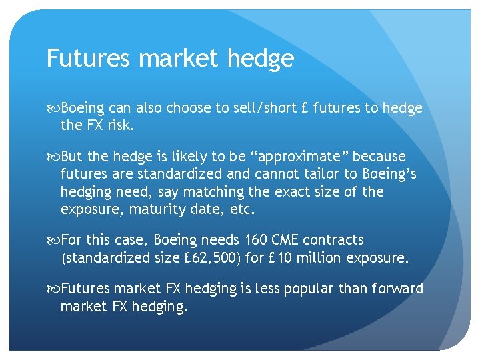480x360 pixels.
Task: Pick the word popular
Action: click(x=315, y=289)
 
